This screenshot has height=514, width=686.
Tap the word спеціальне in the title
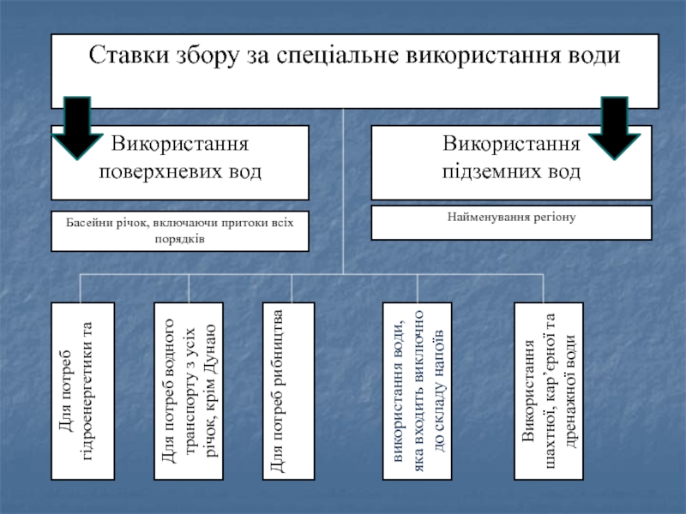pyautogui.click(x=337, y=56)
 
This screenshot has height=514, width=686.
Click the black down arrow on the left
pyautogui.click(x=77, y=128)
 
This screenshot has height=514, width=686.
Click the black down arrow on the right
pyautogui.click(x=614, y=128)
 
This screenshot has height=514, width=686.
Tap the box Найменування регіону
pyautogui.click(x=511, y=223)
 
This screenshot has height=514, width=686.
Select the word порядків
pyautogui.click(x=180, y=239)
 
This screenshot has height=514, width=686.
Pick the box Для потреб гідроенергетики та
pyautogui.click(x=83, y=391)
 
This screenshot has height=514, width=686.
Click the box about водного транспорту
pyautogui.click(x=189, y=391)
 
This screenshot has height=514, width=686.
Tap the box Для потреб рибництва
pyautogui.click(x=289, y=391)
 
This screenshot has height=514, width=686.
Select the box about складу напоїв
pyautogui.click(x=418, y=391)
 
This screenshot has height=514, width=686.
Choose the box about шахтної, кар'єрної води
pyautogui.click(x=549, y=391)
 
